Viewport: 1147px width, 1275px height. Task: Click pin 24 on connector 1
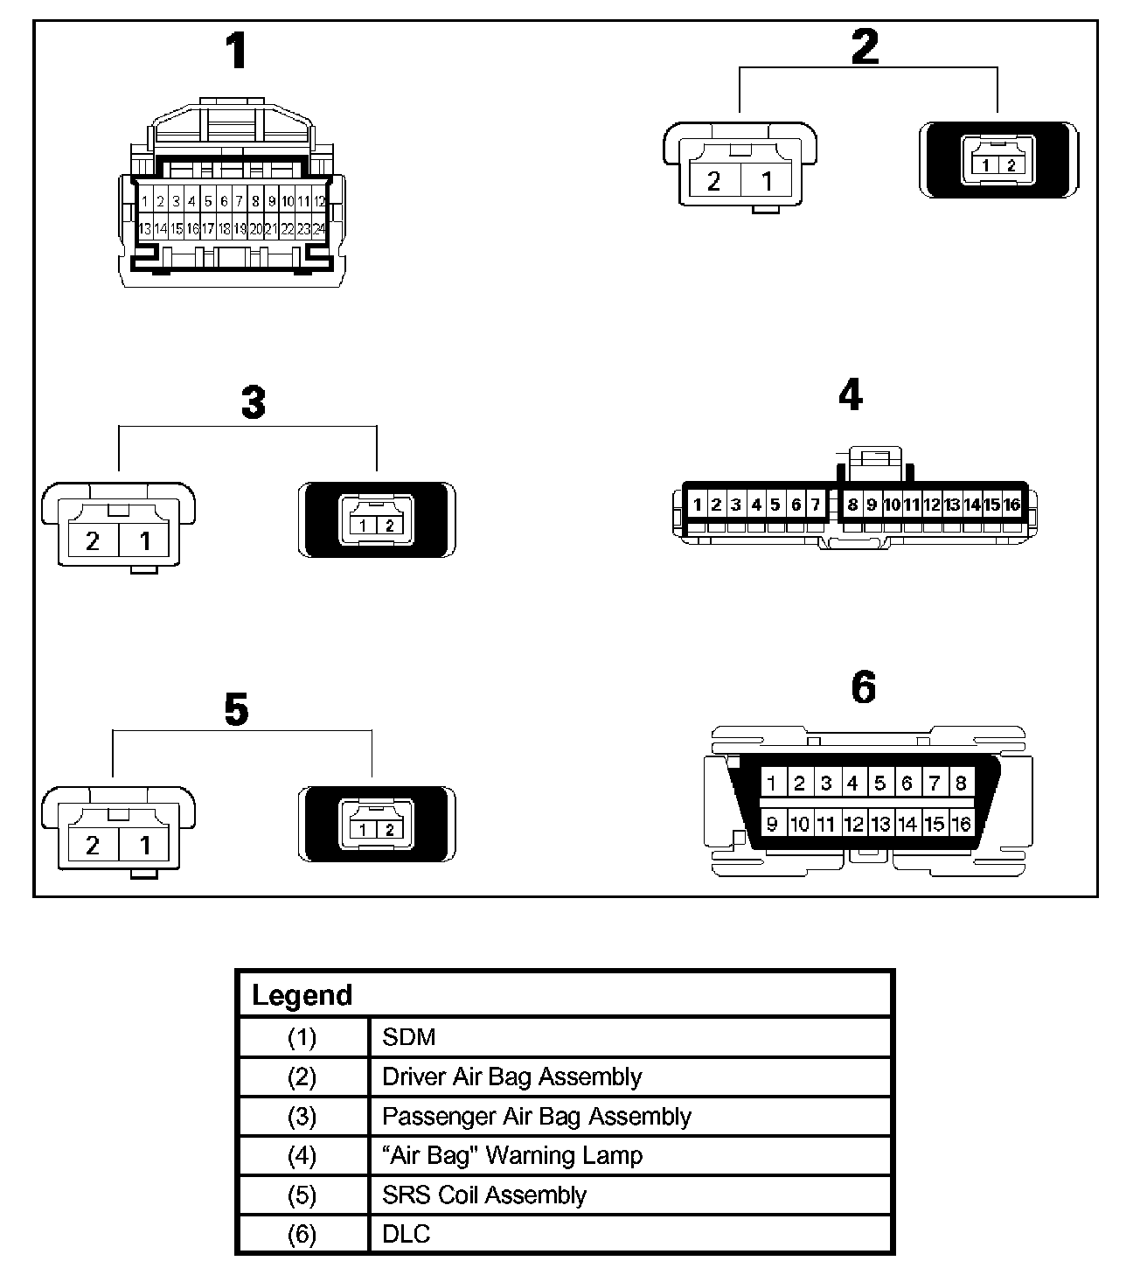tap(319, 229)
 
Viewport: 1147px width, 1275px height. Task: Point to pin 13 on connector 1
tap(144, 229)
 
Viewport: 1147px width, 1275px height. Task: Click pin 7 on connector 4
tap(815, 505)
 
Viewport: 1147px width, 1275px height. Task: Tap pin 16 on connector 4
tap(1011, 505)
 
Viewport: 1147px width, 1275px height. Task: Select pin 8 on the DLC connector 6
tap(960, 783)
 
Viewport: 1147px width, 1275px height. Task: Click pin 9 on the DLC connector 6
tap(771, 824)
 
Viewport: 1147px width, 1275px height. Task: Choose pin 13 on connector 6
tap(879, 824)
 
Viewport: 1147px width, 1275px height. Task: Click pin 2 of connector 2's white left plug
tap(713, 181)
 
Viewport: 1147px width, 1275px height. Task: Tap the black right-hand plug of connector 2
tap(998, 161)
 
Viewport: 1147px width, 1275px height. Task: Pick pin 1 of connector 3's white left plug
tap(145, 540)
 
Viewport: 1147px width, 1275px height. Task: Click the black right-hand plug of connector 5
tap(377, 826)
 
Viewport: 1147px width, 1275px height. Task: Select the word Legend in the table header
tap(302, 995)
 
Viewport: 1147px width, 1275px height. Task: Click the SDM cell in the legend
tap(408, 1037)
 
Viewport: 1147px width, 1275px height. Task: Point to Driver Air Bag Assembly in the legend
tap(511, 1076)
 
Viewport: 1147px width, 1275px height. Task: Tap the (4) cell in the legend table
tap(302, 1156)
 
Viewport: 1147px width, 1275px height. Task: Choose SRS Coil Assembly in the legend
tap(483, 1195)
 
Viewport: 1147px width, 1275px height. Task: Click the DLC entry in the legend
tap(407, 1235)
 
